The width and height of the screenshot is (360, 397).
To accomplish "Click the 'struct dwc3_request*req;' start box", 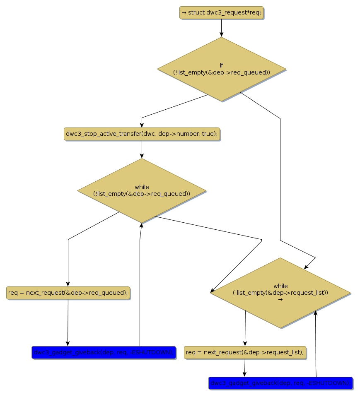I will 221,12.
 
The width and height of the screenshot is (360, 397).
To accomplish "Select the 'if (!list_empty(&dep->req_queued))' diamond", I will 221,69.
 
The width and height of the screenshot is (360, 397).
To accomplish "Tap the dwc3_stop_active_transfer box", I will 142,134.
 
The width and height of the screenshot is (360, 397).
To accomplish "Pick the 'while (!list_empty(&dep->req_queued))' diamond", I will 142,190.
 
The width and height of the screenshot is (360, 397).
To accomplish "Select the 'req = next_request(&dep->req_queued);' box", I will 68,293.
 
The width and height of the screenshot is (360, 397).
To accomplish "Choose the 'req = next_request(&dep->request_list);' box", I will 245,353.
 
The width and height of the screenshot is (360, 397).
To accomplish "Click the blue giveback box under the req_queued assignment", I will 104,353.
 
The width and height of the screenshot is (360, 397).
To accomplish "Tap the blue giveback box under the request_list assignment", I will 280,383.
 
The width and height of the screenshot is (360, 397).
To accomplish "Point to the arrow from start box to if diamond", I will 221,28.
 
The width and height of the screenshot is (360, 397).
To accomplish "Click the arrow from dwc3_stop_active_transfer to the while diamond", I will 142,149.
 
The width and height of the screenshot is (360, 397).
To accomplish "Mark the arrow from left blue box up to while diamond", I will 140,286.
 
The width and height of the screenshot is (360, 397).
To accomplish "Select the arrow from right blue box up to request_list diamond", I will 316,344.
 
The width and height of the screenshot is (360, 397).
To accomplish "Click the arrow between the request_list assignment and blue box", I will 244,368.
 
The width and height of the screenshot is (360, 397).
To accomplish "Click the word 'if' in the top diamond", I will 221,65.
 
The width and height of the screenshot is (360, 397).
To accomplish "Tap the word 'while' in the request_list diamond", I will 280,286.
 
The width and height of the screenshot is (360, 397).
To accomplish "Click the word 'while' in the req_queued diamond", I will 142,187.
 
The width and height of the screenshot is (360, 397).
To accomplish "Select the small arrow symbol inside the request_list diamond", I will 280,299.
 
